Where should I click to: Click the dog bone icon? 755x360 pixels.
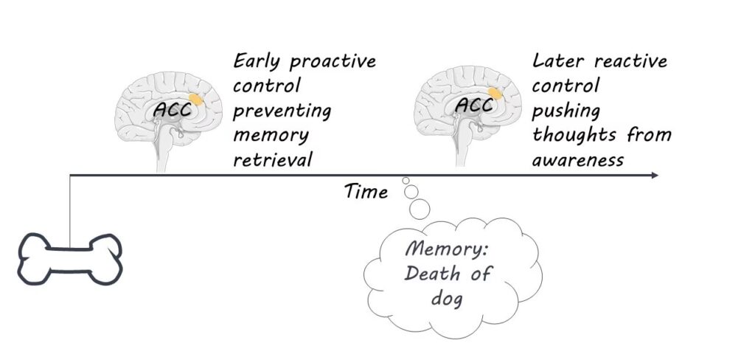(x=69, y=259)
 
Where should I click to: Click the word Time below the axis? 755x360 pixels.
(x=366, y=193)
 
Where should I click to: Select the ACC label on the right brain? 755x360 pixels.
(x=473, y=105)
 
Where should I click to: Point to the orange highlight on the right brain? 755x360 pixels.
(x=495, y=94)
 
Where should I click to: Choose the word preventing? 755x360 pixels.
(x=282, y=112)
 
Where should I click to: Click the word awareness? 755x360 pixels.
(x=579, y=159)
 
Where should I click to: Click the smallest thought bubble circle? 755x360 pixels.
(x=405, y=181)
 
